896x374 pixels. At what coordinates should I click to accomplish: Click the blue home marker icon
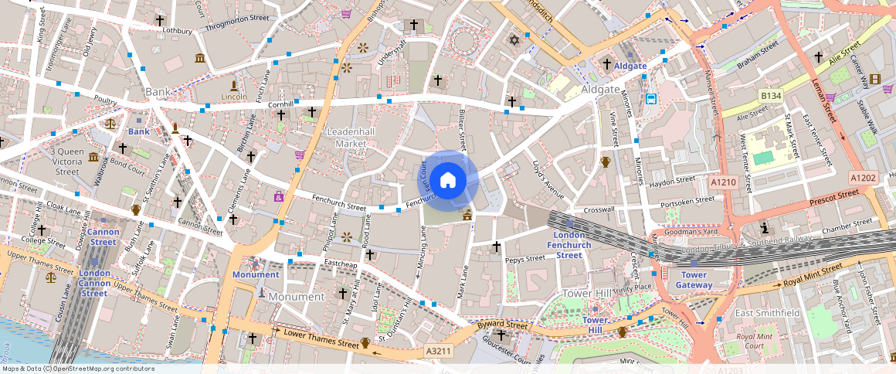(448, 181)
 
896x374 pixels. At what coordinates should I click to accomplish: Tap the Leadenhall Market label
(351, 138)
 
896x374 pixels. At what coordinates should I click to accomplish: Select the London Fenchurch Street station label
(569, 245)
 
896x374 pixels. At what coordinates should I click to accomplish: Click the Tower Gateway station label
(694, 280)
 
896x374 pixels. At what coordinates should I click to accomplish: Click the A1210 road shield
(724, 182)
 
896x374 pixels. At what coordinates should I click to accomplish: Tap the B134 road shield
(770, 96)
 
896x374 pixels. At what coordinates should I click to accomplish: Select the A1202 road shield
(863, 177)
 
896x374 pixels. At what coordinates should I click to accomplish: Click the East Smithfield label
(767, 313)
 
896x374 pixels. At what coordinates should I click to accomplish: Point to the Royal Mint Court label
(755, 341)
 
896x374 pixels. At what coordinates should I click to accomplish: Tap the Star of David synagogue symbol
(514, 40)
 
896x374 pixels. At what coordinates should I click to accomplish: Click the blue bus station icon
(651, 99)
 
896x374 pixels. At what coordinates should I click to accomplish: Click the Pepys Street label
(525, 260)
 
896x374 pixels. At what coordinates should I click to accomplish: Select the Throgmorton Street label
(237, 22)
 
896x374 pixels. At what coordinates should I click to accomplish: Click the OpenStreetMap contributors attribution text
(77, 369)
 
